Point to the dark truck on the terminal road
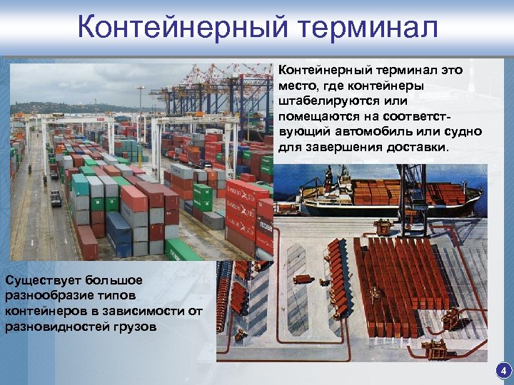pos(56,198)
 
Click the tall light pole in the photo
pos(141,114)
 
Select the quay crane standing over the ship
pos(412,192)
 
